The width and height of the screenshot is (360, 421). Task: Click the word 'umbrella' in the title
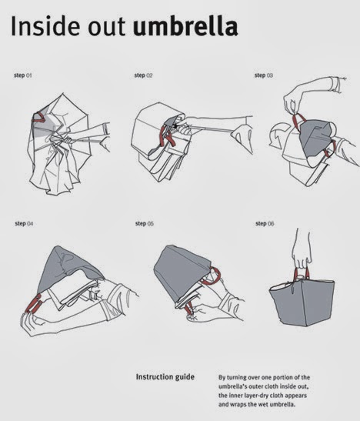185,28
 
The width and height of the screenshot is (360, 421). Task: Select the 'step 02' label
144,75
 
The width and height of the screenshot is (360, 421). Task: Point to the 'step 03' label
264,75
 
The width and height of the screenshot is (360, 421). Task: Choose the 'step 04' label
24,223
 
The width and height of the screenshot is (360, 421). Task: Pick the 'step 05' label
145,223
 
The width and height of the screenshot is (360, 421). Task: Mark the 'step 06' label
265,223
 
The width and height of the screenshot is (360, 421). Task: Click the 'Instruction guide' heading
165,376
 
